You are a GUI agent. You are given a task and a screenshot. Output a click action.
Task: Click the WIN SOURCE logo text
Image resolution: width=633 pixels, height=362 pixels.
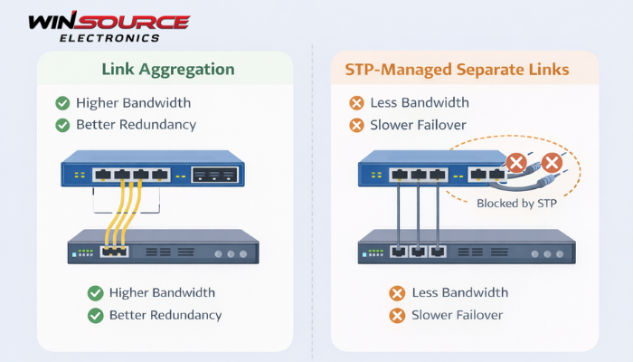coord(109,22)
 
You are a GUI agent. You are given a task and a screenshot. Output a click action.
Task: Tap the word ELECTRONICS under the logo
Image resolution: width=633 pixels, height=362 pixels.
coord(109,38)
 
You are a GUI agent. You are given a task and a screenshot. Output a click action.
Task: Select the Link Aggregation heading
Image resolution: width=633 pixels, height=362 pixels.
coord(168,69)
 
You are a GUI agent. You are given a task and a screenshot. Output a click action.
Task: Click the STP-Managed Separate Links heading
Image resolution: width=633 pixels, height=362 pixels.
coord(464,69)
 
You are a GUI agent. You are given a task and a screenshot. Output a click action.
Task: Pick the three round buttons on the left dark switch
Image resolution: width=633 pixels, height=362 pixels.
coord(231,253)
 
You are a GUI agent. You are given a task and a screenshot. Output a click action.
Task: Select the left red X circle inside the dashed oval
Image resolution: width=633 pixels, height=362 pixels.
coord(515,164)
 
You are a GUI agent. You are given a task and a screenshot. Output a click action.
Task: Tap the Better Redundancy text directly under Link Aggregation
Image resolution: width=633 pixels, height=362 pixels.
coord(136,125)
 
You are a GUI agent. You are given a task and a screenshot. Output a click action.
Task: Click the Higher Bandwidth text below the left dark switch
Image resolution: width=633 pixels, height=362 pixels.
coord(162,292)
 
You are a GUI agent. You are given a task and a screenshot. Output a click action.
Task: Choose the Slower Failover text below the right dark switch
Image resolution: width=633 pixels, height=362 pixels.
coord(457,315)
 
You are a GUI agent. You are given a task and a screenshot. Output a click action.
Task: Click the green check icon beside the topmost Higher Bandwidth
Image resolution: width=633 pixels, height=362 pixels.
coord(62,103)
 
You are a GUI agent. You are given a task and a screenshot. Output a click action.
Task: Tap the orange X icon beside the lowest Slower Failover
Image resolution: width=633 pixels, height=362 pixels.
coord(396,315)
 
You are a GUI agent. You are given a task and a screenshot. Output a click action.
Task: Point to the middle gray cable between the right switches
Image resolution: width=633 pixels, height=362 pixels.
coord(417,213)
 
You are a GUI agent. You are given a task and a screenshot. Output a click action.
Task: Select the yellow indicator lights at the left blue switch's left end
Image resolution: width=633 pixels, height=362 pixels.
coord(80,174)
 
